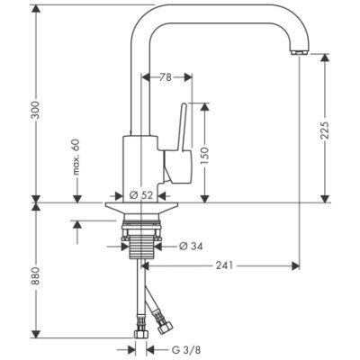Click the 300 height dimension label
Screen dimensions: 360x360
pos(36,110)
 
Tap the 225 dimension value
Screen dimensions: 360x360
pos(325,130)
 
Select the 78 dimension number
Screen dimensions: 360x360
pos(166,77)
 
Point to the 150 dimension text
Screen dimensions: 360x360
pos(204,156)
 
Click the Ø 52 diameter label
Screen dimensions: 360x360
pos(141,195)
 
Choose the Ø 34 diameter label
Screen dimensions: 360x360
pos(191,247)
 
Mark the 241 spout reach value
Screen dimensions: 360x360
pos(224,265)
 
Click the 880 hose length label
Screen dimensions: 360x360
pos(36,275)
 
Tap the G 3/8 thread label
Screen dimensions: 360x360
pos(186,349)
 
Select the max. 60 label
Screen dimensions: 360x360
pos(76,157)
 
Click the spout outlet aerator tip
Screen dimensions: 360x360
pos(299,53)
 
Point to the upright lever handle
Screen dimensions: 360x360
pos(184,126)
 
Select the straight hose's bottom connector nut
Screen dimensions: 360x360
pos(140,334)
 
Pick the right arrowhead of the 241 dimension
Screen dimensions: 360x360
pos(296,265)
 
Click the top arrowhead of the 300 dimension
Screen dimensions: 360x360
pos(36,10)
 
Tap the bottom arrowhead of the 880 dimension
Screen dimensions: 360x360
pos(36,334)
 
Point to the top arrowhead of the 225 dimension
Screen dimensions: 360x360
pos(325,58)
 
